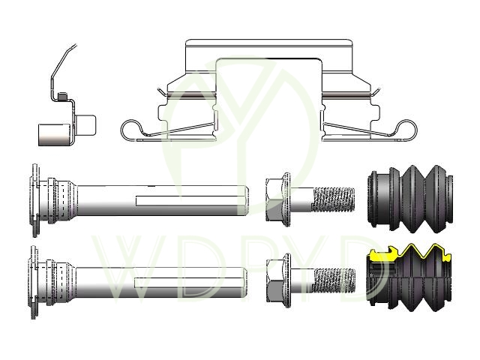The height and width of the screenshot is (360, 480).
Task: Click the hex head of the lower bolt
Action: click(275, 280)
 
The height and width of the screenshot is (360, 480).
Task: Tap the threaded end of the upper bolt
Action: click(334, 199)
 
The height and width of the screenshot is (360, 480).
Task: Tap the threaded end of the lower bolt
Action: click(334, 280)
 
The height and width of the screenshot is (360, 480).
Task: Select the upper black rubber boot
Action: click(410, 199)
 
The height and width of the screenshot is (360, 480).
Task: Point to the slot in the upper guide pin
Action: click(187, 200)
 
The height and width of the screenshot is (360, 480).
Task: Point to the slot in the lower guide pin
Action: click(186, 283)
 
